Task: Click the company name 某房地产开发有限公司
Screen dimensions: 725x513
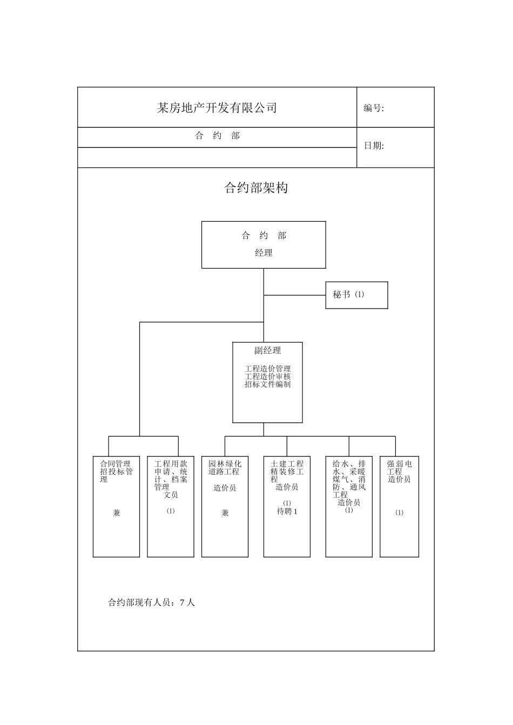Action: coord(217,108)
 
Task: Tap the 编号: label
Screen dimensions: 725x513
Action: coord(374,108)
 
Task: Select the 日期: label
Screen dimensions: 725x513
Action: coord(374,146)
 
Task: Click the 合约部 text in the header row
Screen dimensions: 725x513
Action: coord(217,136)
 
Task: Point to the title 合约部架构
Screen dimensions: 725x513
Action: coord(256,188)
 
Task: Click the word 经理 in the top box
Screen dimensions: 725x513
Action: coord(264,253)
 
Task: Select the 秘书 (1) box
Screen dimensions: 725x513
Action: coord(356,295)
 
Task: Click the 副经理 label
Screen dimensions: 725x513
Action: coord(267,351)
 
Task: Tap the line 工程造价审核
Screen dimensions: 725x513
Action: coord(267,377)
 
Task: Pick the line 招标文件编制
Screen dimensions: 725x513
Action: coord(267,384)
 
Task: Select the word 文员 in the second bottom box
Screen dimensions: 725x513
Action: coord(171,494)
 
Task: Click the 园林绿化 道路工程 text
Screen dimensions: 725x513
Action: coord(225,468)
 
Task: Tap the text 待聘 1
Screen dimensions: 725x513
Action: coord(287,511)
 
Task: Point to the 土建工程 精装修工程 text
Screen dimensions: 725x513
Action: coord(287,471)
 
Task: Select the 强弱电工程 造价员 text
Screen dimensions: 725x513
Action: coord(399,471)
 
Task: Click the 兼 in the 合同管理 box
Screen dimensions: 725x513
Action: coord(117,513)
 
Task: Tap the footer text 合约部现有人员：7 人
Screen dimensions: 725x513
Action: coord(151,603)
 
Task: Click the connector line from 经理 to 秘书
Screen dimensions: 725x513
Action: coord(294,295)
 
